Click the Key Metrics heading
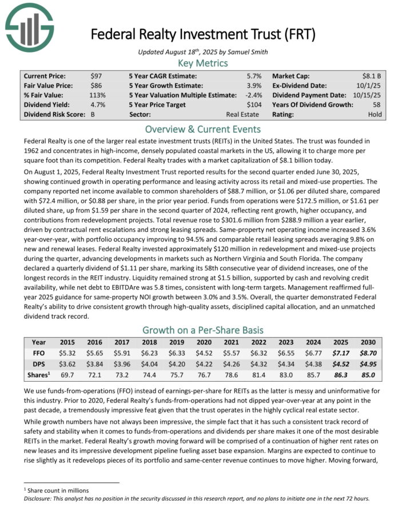tap(203, 63)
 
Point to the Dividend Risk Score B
tap(93, 114)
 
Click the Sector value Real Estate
tap(242, 114)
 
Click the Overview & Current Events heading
tap(203, 129)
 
